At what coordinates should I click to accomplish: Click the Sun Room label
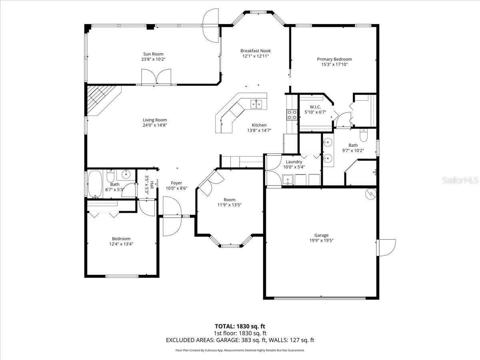click(x=153, y=54)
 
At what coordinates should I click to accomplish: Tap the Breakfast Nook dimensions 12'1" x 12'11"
click(x=256, y=56)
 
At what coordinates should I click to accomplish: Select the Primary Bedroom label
click(x=334, y=59)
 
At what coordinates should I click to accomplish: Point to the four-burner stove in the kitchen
click(x=292, y=115)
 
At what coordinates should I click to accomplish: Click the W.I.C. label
click(x=315, y=107)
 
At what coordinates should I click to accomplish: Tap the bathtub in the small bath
click(x=95, y=184)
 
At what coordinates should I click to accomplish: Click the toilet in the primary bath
click(x=364, y=135)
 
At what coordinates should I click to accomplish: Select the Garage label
click(x=321, y=235)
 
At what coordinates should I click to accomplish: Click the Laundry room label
click(x=294, y=162)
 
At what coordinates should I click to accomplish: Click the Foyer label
click(x=176, y=183)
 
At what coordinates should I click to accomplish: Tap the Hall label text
click(x=152, y=184)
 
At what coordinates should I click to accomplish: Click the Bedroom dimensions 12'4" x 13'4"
click(x=121, y=244)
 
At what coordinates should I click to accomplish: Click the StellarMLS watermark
click(x=460, y=180)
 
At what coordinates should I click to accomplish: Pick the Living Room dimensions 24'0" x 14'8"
click(x=155, y=125)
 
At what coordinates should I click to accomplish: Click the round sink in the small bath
click(x=126, y=174)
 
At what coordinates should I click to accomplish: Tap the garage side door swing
click(x=386, y=248)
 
